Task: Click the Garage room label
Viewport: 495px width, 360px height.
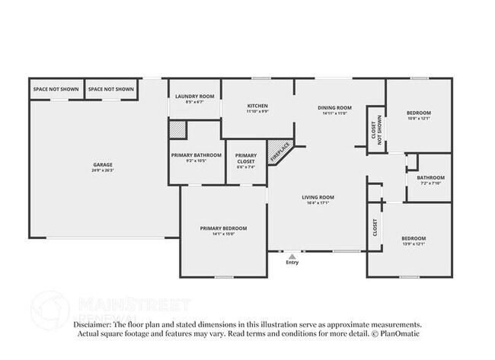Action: click(103, 164)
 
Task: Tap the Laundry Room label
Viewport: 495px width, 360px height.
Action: click(195, 97)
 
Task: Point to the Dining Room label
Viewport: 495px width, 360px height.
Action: click(334, 107)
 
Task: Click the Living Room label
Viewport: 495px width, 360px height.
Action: click(321, 197)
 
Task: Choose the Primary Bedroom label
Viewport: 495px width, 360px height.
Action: click(223, 228)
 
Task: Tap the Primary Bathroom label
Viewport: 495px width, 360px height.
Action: click(196, 155)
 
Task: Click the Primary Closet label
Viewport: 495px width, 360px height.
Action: click(246, 158)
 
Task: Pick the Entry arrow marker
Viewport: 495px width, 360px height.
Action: click(292, 256)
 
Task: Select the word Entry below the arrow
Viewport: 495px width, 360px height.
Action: click(292, 263)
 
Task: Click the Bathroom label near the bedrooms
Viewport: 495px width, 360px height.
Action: click(431, 178)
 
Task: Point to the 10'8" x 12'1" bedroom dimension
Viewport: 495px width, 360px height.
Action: click(418, 118)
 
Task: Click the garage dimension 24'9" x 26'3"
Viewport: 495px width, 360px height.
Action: click(103, 170)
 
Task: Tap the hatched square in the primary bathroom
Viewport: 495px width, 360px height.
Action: click(177, 130)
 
